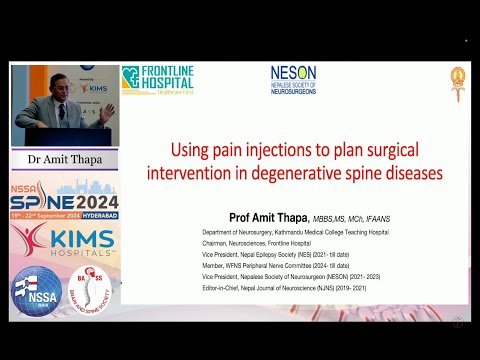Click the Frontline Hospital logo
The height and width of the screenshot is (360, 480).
coord(157,81)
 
